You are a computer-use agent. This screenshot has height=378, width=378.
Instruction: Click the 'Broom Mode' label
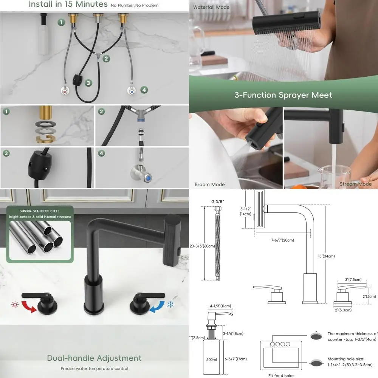pos(209,184)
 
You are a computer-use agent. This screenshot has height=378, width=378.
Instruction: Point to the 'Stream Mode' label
pos(355,184)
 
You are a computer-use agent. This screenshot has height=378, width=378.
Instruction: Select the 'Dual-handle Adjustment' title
pos(94,358)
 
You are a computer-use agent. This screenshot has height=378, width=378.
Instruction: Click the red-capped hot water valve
pos(65,91)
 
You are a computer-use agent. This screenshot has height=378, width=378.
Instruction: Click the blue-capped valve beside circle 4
pos(131,91)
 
